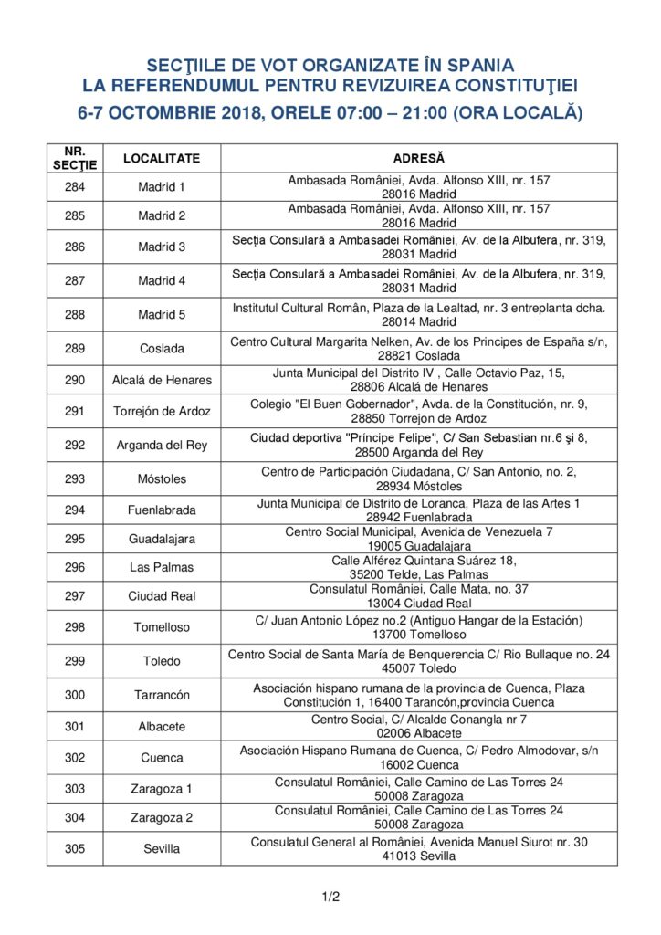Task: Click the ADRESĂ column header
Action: [419, 158]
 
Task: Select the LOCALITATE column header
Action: [162, 158]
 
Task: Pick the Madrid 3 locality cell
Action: [162, 247]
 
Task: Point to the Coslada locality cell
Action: [162, 348]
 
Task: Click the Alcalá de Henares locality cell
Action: [162, 380]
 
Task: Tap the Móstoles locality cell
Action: [162, 478]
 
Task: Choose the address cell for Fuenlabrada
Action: [419, 510]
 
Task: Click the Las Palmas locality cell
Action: [162, 567]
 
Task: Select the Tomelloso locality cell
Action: [162, 627]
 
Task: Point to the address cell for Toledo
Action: [419, 660]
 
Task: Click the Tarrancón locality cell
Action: [162, 695]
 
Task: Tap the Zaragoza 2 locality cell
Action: [162, 817]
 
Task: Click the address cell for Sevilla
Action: [419, 848]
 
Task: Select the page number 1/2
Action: [330, 897]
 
